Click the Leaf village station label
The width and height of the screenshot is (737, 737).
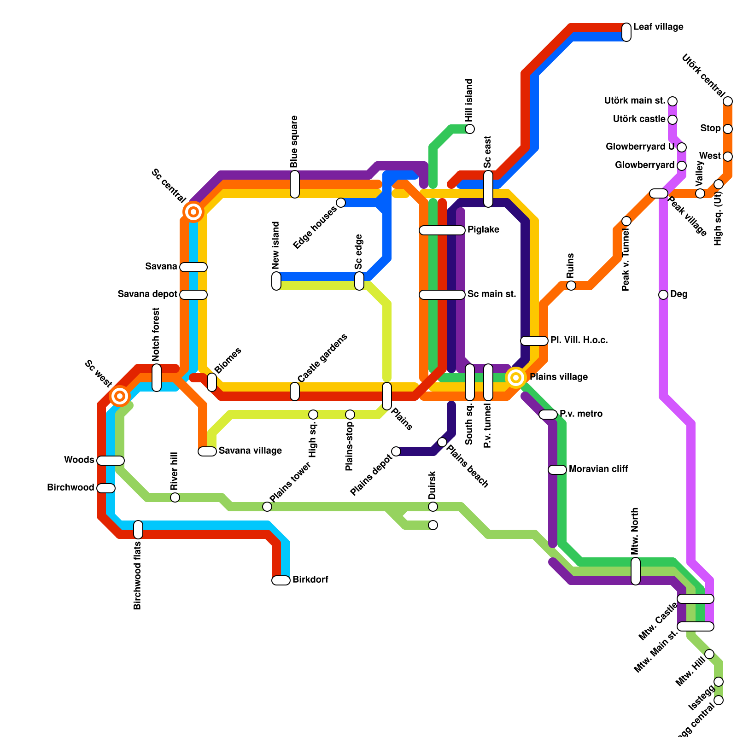tap(658, 27)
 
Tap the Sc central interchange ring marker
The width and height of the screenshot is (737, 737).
tap(193, 212)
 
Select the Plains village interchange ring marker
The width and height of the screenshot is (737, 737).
tap(516, 378)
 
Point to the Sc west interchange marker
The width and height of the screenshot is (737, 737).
tap(120, 396)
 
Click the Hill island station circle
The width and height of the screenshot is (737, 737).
tap(470, 129)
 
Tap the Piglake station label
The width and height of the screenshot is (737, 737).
tap(483, 230)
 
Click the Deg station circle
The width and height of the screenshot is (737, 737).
tap(663, 295)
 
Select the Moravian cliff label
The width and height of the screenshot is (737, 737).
tap(598, 469)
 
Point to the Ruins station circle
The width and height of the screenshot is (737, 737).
tap(571, 286)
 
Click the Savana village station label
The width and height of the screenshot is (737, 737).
tap(250, 451)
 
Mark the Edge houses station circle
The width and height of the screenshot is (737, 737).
tap(341, 203)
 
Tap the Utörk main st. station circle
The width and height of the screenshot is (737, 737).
tap(673, 101)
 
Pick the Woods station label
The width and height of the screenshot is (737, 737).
tap(79, 460)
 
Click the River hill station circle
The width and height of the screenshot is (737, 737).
tap(175, 497)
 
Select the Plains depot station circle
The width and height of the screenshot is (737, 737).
tap(396, 451)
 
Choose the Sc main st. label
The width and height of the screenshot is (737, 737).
tap(491, 294)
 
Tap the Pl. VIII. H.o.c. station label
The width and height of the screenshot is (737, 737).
tap(579, 340)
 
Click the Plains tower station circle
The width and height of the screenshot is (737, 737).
tap(267, 507)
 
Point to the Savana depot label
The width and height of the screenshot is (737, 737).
tap(147, 294)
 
